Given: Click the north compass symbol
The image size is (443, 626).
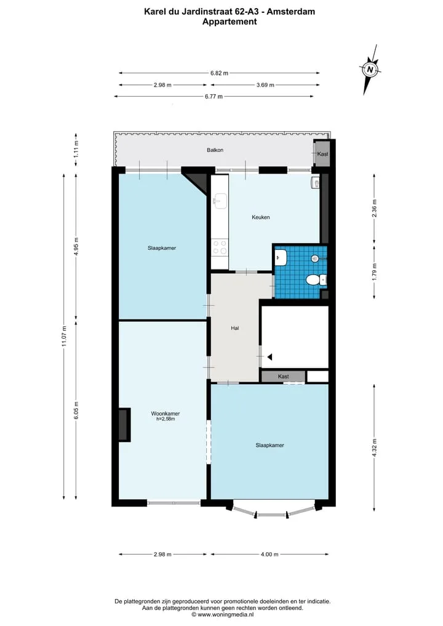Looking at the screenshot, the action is (x=370, y=70).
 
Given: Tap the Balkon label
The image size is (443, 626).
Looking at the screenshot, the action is (x=215, y=150).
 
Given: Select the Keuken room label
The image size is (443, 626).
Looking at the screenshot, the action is (x=261, y=217).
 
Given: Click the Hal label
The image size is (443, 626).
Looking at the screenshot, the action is (x=234, y=328).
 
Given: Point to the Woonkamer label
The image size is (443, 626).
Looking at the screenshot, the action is (x=166, y=414).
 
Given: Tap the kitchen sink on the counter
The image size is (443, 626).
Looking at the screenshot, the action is (x=220, y=201).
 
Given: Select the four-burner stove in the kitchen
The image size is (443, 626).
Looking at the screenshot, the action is (x=220, y=247).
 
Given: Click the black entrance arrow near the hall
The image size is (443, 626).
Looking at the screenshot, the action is (x=269, y=357).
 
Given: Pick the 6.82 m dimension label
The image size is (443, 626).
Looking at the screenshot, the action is (x=220, y=73).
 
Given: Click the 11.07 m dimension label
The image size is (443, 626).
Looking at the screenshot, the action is (x=64, y=337).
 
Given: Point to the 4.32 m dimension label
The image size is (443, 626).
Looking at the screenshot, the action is (x=374, y=448).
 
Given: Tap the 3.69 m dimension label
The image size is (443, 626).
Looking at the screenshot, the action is (x=265, y=85).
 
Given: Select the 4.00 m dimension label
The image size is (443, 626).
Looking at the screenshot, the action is (x=269, y=554).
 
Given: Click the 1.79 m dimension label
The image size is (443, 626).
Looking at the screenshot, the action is (x=374, y=272).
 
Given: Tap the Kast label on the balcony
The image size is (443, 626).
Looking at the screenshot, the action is (x=322, y=154).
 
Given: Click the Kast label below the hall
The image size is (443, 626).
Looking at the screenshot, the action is (x=284, y=377).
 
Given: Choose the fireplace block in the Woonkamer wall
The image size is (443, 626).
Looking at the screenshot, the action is (x=124, y=424).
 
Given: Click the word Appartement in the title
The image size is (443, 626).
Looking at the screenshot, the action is (x=229, y=22).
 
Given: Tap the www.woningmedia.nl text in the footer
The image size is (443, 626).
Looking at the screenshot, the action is (x=226, y=615).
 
